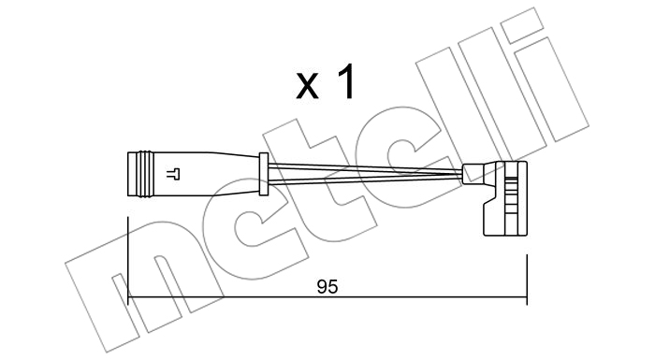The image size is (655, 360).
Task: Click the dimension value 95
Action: [327, 286]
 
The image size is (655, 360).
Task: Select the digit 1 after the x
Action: [346, 81]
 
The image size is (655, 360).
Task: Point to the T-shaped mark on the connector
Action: [173, 174]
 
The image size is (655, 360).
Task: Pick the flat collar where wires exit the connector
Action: [263, 174]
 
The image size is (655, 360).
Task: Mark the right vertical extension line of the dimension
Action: [527, 280]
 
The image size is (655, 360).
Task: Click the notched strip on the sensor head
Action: [510, 199]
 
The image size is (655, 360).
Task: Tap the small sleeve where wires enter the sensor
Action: [469, 173]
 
